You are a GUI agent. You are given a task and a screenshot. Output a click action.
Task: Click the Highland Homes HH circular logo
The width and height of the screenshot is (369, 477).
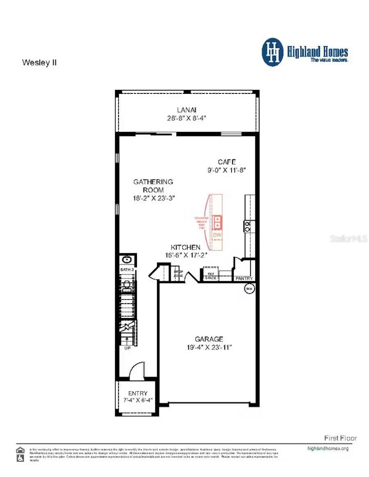click(273, 52)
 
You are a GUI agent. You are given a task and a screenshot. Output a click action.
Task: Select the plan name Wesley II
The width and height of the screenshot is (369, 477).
click(39, 63)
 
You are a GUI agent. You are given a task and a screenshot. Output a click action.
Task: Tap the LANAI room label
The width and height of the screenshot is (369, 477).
click(187, 110)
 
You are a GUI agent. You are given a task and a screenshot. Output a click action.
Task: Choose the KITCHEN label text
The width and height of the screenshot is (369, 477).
click(186, 247)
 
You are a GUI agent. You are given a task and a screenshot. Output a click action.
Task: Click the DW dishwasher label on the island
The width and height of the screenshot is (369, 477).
click(217, 235)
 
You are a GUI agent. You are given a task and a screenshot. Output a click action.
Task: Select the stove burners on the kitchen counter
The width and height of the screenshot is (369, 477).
click(248, 226)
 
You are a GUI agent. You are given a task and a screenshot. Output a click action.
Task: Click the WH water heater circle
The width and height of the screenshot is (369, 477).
click(249, 289)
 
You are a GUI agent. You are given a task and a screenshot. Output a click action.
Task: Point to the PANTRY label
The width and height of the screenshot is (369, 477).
click(244, 279)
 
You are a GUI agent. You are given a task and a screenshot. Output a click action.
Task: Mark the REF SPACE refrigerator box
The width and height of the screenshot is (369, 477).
click(211, 276)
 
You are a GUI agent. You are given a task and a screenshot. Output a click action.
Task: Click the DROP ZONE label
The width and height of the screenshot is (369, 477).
click(178, 274)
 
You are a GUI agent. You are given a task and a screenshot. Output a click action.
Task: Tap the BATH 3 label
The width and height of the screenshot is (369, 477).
click(127, 270)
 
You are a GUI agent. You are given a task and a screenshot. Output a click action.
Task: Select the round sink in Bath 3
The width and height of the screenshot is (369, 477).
click(127, 259)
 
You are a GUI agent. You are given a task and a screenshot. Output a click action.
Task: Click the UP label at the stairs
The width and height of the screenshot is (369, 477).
click(127, 348)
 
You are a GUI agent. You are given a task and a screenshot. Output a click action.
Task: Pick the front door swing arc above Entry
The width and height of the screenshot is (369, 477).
click(137, 371)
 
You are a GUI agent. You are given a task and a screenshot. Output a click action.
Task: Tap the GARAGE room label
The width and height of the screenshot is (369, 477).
click(209, 339)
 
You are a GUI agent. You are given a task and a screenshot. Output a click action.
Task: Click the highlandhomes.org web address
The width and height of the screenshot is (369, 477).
click(328, 448)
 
